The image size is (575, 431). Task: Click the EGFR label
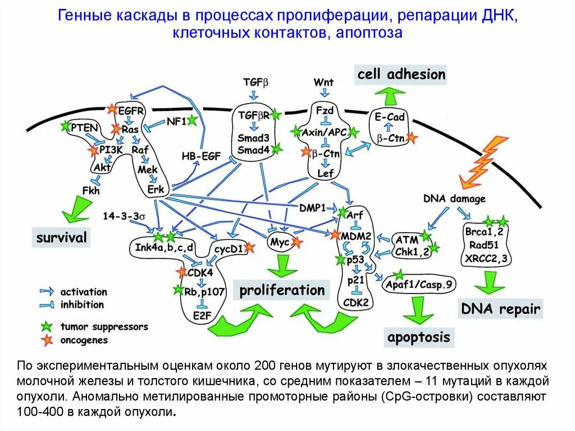pyautogui.click(x=131, y=111)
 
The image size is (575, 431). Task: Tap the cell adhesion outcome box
pyautogui.click(x=400, y=74)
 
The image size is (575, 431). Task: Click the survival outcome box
pyautogui.click(x=62, y=238)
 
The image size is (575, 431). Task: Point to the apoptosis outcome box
pyautogui.click(x=418, y=337)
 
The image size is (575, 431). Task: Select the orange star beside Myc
pyautogui.click(x=297, y=243)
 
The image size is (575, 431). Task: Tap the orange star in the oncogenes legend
pyautogui.click(x=45, y=339)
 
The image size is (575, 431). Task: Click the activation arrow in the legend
pyautogui.click(x=47, y=292)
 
